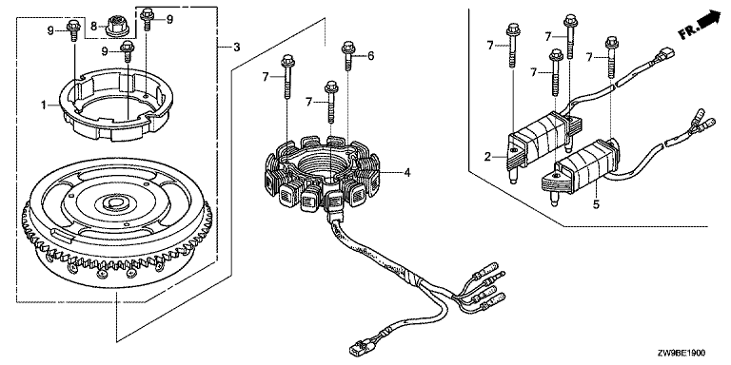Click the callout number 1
click(x=44, y=106)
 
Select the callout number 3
click(x=237, y=47)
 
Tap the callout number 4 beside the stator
click(x=407, y=173)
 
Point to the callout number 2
click(x=487, y=157)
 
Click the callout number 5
click(x=596, y=203)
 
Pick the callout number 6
click(x=370, y=56)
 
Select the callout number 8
click(x=93, y=27)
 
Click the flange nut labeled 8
click(x=115, y=26)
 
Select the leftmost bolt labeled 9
click(x=73, y=29)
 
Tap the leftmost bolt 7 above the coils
click(x=512, y=46)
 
